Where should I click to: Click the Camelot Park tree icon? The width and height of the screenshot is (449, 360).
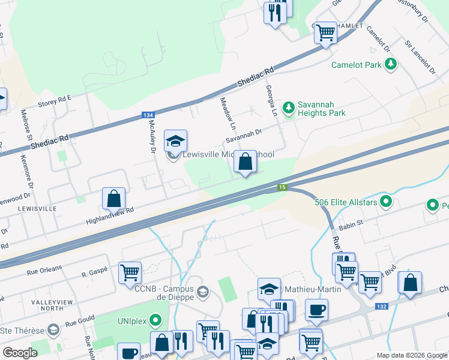pos(391,64)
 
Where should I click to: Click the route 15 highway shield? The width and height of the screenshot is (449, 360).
pos(282,188)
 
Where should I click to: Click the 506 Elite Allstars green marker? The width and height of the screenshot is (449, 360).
pos(387,202)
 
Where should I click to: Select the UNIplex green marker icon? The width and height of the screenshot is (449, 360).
pos(156,319)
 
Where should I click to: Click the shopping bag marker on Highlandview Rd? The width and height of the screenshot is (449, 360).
pos(113,198)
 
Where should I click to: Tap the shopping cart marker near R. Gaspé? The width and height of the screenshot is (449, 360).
pos(130,272)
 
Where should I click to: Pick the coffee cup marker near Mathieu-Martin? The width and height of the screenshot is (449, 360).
pos(316,310)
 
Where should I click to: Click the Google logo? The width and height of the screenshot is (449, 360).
pos(20,353)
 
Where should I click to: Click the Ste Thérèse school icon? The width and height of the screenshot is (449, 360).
pos(53,330)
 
